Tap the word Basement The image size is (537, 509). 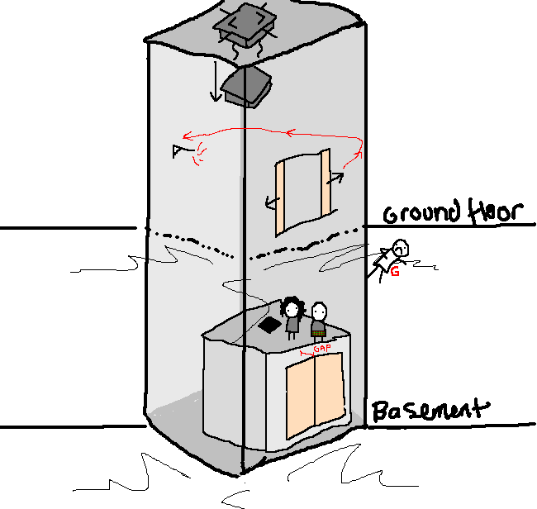pos(429,410)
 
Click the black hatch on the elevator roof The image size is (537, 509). pos(268,326)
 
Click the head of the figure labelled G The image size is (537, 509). pos(402,248)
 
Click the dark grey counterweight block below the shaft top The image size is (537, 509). pos(245,86)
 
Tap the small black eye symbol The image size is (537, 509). pos(178,150)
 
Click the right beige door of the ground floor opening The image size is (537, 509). pos(325,185)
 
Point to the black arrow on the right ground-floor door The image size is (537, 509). pos(337,176)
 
